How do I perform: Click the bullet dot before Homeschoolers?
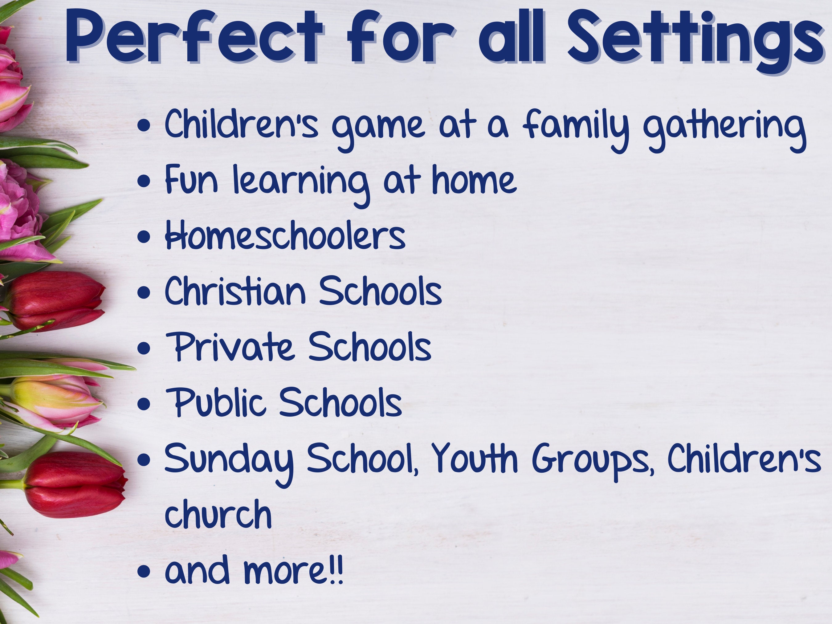pos(144,237)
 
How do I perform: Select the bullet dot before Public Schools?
pos(144,404)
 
